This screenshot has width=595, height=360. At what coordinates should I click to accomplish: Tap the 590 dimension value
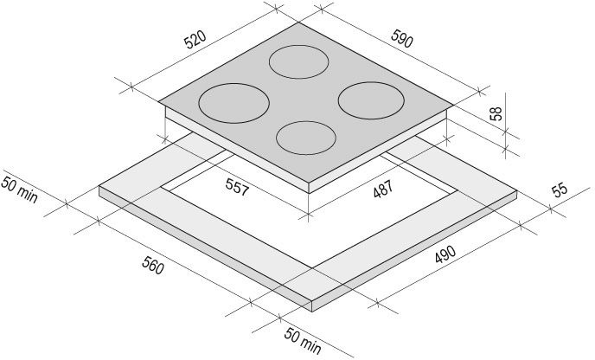pyautogui.click(x=402, y=38)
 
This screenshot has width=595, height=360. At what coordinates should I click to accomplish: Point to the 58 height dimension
pyautogui.click(x=496, y=113)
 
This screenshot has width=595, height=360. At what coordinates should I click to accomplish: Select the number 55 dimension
pyautogui.click(x=560, y=190)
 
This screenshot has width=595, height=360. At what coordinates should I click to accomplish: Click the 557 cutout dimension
pyautogui.click(x=237, y=186)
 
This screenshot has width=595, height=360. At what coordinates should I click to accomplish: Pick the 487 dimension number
pyautogui.click(x=383, y=189)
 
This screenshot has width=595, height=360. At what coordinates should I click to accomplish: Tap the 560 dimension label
pyautogui.click(x=153, y=265)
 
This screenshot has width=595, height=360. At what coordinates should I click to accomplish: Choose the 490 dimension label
pyautogui.click(x=445, y=254)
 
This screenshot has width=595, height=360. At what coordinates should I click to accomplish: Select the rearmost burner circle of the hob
pyautogui.click(x=299, y=45)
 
